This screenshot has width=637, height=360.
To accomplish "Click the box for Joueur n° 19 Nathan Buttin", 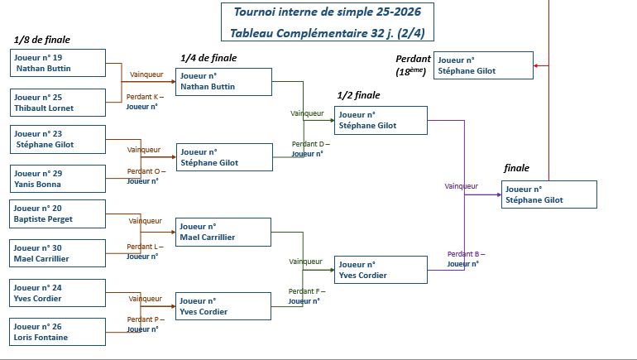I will click(59, 63).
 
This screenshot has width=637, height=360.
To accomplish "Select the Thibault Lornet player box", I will click(59, 103).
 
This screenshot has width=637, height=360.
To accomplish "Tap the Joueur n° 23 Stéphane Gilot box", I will click(59, 139).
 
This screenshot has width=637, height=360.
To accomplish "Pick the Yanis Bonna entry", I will click(59, 179).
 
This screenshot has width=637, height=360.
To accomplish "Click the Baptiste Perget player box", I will click(59, 214).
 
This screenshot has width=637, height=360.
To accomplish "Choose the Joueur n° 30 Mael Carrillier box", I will click(59, 253).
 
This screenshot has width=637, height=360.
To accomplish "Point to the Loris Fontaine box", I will click(59, 332).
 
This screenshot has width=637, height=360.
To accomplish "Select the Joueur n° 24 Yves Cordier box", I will click(59, 293).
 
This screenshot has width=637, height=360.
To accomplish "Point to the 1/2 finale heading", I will click(359, 96).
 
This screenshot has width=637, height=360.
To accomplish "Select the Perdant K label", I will click(145, 97).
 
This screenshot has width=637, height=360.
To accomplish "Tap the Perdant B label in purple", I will click(466, 254).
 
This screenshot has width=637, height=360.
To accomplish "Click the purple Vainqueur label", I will click(461, 186).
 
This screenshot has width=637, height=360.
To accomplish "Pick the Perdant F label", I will click(307, 291).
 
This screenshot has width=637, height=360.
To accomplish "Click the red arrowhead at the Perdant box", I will click(537, 65).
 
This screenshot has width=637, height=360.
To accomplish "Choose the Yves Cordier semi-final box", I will click(381, 271).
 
